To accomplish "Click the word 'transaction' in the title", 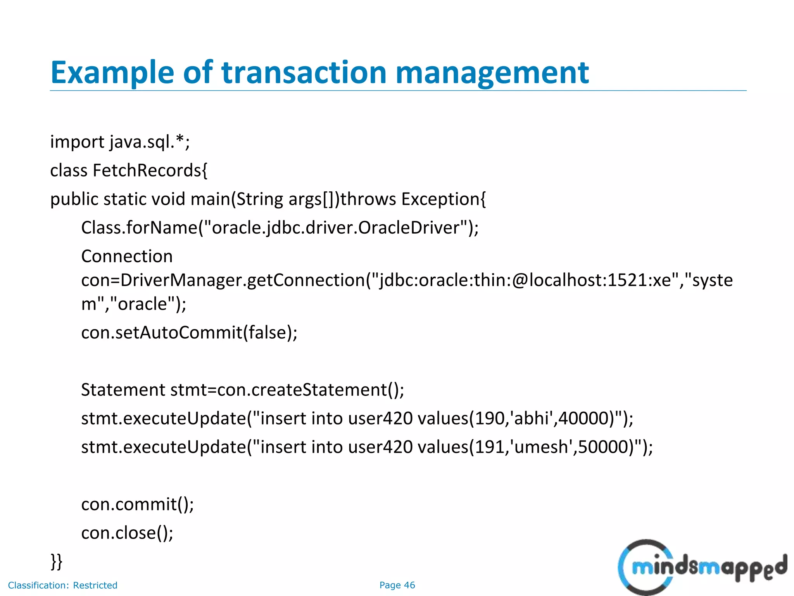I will [x=304, y=73].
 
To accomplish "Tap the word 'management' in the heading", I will [x=492, y=73].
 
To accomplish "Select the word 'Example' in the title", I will [x=112, y=73].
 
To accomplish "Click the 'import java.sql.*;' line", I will [x=120, y=142].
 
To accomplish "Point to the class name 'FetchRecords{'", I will [x=150, y=171].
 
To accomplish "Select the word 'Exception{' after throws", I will [x=443, y=199].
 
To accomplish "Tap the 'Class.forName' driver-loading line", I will [x=280, y=228].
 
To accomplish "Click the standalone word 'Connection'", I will [x=127, y=256].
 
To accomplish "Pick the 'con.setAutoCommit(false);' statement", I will [x=189, y=333].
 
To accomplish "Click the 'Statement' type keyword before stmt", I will [x=123, y=390].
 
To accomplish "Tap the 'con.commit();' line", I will [x=137, y=504].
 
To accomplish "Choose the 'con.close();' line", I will [x=127, y=533].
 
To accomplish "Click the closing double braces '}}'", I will [x=56, y=561].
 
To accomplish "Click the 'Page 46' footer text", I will [x=397, y=585].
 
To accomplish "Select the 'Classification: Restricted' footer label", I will [x=62, y=585].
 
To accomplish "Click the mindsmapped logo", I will [x=702, y=567].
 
